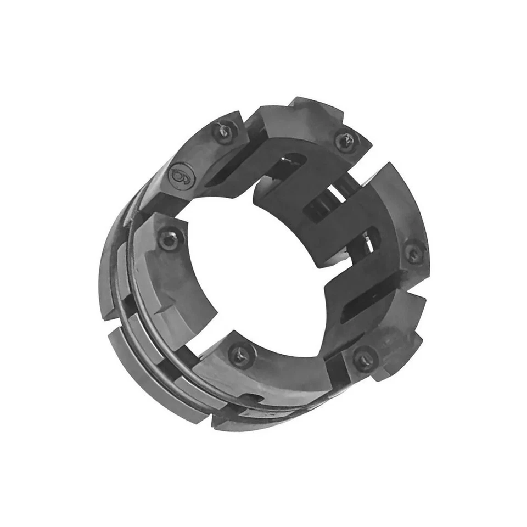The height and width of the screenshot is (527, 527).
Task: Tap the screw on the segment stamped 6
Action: click(x=224, y=132)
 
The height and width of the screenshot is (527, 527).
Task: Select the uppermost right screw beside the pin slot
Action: click(x=347, y=141)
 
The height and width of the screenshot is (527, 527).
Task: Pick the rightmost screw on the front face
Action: click(x=414, y=253)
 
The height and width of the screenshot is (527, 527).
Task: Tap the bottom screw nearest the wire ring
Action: click(x=241, y=355)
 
